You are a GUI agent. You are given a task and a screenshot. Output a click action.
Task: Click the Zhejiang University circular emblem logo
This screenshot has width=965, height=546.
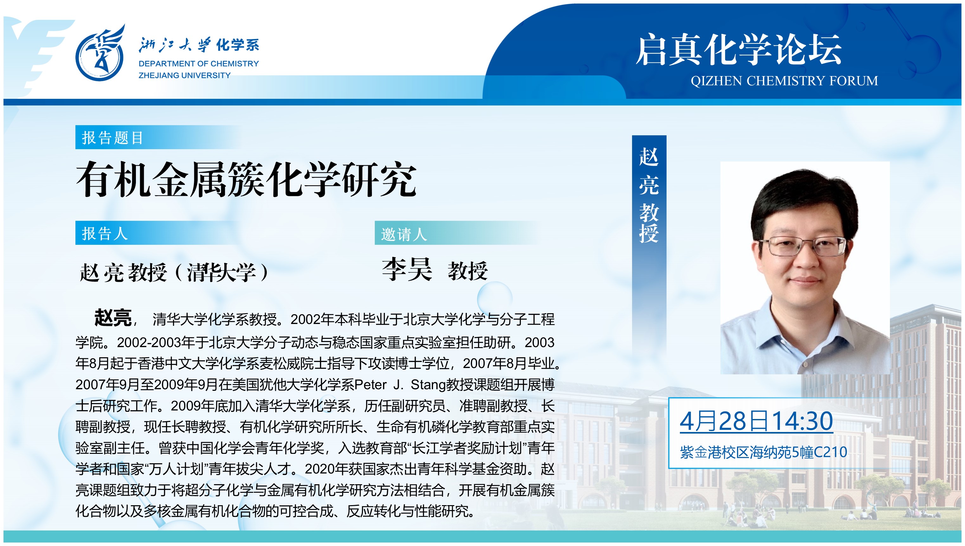coord(100,54)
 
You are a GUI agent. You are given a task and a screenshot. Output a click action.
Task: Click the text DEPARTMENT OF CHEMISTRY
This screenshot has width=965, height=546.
coord(199,64)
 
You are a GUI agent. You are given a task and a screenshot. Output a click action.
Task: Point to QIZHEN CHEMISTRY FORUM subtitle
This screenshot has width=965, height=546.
coord(784,81)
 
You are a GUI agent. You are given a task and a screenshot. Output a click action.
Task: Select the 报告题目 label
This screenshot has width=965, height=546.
coord(112,138)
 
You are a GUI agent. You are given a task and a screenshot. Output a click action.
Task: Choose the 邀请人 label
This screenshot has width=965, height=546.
coord(404,234)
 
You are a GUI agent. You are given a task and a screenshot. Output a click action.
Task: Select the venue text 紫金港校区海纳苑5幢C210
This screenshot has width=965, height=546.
coord(763,452)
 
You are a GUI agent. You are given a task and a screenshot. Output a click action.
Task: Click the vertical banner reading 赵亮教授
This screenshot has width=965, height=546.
coord(649,195)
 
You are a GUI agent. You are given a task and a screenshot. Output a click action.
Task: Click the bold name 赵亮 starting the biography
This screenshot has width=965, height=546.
coord(113,318)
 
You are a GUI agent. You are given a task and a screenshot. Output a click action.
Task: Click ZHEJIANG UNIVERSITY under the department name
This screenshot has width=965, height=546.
coord(184,75)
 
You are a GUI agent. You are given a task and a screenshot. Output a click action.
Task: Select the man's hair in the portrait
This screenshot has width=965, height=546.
coord(802,195)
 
